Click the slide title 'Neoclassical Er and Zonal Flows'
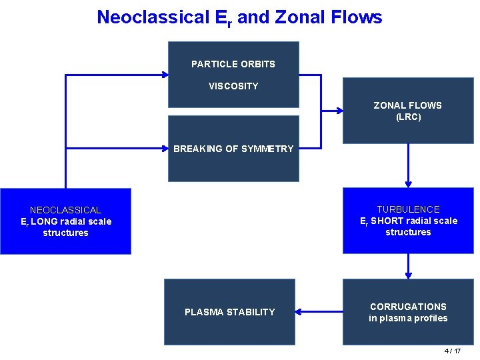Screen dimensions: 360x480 tap(239, 17)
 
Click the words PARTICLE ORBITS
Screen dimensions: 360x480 tap(233, 64)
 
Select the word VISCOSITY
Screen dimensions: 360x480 tap(233, 86)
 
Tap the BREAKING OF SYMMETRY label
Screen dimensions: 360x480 tap(233, 149)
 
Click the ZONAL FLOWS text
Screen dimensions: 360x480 tap(407, 105)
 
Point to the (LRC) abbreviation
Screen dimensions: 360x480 tap(408, 117)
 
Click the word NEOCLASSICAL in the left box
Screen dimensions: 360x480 tap(65, 210)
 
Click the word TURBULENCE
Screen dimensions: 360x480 tap(408, 209)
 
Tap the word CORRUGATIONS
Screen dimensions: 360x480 tap(408, 307)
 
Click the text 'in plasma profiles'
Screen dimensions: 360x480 tap(408, 318)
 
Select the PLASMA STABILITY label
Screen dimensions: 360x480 tap(229, 312)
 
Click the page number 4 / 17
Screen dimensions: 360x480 tap(453, 351)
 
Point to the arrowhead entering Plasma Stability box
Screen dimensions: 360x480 tap(299, 311)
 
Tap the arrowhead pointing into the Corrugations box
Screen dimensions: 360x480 tap(408, 275)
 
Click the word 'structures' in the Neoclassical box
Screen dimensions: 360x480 tap(65, 233)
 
